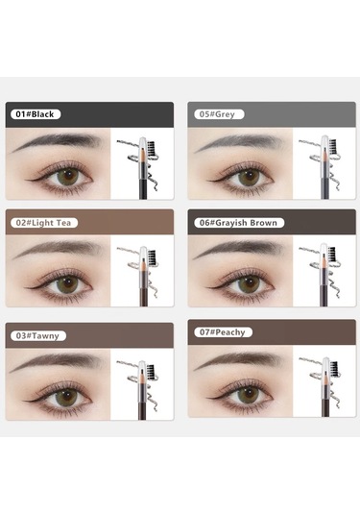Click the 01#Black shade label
tap(36, 114)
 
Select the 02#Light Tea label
tap(44, 223)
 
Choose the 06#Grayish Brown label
tap(239, 223)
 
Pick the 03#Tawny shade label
tap(38, 335)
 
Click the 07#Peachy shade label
tap(223, 332)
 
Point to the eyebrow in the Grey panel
tap(238, 142)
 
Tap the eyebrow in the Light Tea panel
tap(57, 249)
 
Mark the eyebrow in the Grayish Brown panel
tap(238, 249)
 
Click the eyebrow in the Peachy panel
tap(238, 360)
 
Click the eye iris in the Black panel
tap(68, 177)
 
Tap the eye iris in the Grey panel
tap(249, 178)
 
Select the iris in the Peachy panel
tap(249, 395)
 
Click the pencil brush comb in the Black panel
tap(151, 149)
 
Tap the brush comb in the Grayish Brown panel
tap(332, 255)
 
